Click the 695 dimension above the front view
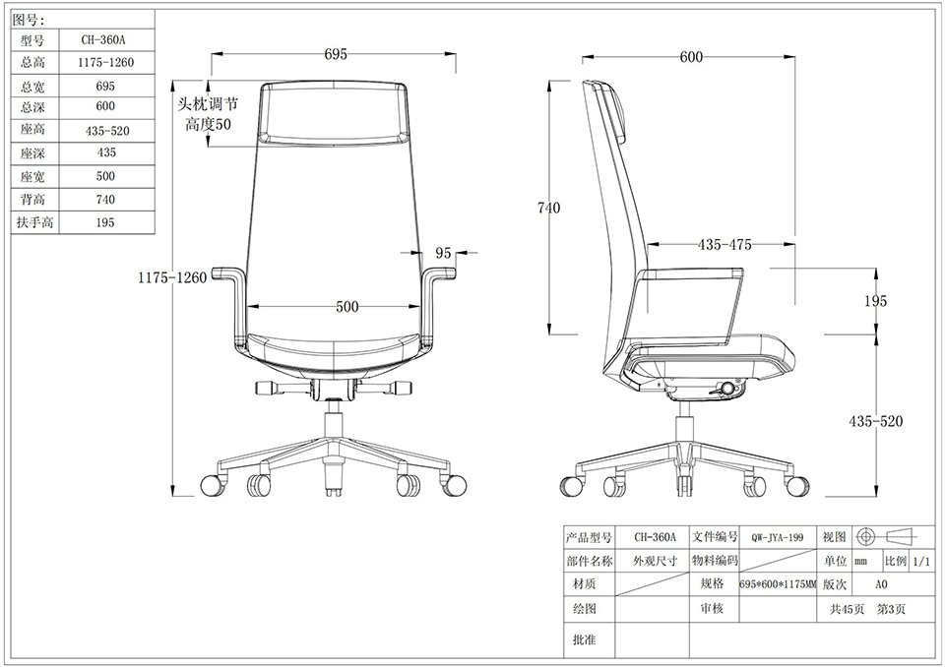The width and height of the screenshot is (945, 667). (336, 54)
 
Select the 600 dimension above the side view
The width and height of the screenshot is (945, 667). (691, 57)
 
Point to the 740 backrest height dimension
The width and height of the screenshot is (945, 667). (548, 208)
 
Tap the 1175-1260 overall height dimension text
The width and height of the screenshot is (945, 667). (172, 277)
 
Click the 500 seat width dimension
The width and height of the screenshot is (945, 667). (347, 307)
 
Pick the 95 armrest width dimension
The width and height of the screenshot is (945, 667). (443, 253)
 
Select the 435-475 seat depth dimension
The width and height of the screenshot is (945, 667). (724, 245)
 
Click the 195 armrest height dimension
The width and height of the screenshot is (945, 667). (875, 301)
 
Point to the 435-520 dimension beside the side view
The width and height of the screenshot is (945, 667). (876, 421)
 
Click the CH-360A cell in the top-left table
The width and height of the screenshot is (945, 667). (103, 40)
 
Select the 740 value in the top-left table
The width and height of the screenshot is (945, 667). (105, 200)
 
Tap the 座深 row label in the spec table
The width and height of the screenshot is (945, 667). (32, 153)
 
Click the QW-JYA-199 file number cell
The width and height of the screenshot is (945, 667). (777, 537)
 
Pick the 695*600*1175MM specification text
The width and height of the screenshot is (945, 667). (778, 584)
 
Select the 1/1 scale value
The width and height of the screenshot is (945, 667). (921, 562)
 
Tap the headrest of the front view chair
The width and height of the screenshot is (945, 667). (334, 112)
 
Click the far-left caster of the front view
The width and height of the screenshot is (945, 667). (213, 485)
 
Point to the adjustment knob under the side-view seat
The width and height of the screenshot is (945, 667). (729, 388)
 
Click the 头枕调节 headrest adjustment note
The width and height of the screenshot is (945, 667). (208, 104)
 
